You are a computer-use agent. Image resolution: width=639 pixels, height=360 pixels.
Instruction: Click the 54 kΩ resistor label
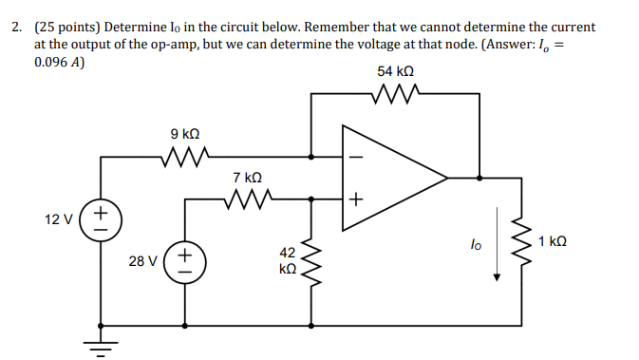point(395,71)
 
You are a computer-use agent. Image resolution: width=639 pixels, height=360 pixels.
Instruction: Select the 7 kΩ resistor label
point(247,178)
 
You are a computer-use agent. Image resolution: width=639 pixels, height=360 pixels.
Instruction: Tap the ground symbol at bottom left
point(100,344)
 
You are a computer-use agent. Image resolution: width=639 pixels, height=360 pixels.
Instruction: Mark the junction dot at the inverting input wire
point(310,155)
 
